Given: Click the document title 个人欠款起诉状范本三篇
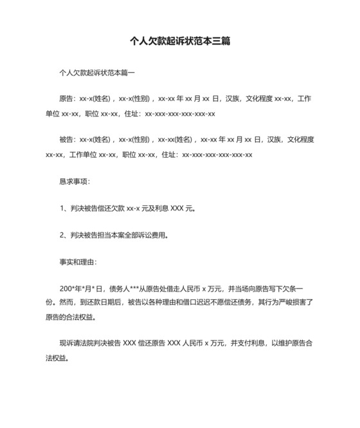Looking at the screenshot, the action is (x=180, y=41).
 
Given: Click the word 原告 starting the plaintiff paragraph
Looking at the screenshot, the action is (x=66, y=98).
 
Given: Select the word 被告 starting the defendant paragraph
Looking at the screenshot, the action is (x=66, y=139).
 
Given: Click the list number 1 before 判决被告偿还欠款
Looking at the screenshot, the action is (x=62, y=208).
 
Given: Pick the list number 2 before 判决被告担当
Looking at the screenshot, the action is (x=62, y=235).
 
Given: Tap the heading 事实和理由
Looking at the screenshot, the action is (x=77, y=262).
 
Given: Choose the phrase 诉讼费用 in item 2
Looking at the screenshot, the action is (x=154, y=235).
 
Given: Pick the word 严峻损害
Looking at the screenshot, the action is (x=291, y=303).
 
